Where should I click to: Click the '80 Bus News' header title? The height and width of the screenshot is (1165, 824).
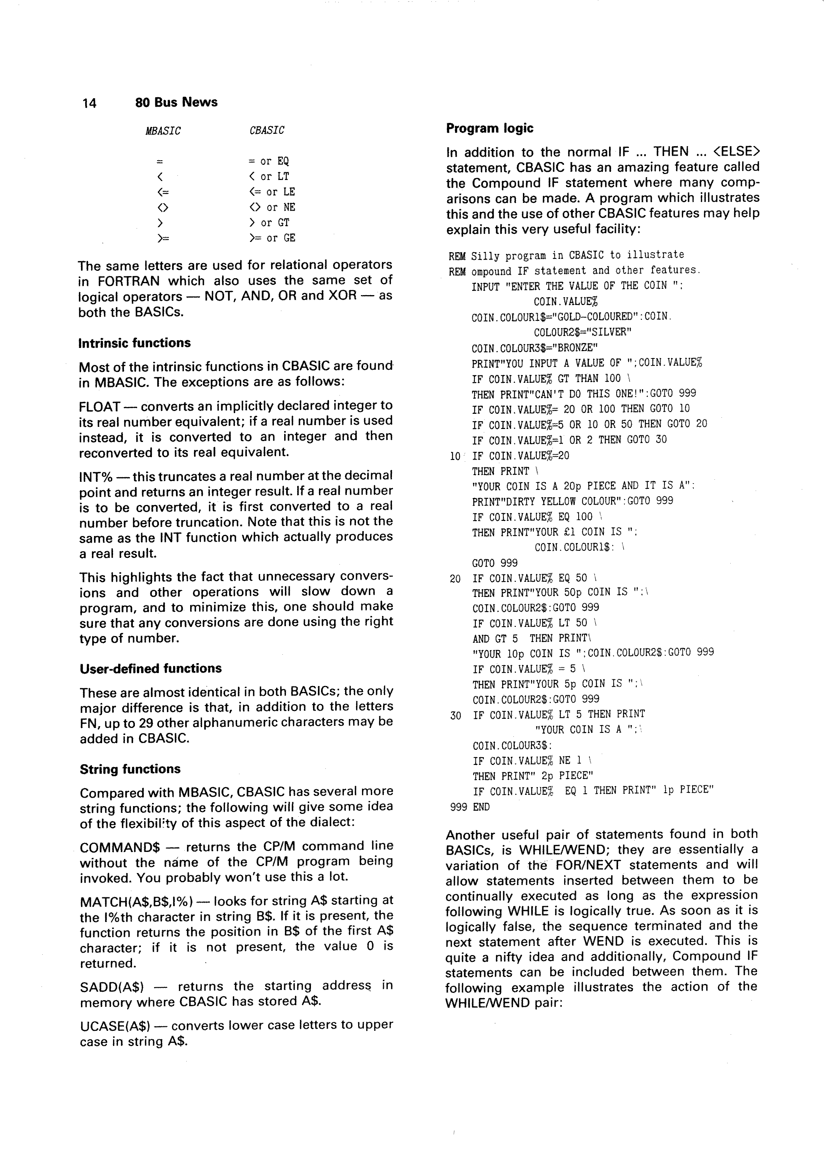[176, 102]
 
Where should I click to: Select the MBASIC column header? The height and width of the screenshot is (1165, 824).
[163, 131]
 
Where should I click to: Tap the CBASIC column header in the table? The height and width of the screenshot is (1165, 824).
[267, 130]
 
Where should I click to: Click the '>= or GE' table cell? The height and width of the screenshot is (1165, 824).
[272, 238]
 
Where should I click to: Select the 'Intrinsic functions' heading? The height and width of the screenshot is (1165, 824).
[135, 343]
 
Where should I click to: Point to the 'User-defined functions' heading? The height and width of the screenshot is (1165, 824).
[150, 668]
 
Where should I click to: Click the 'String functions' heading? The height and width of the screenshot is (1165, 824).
[130, 769]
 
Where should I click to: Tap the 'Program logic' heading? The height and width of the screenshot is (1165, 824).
[489, 129]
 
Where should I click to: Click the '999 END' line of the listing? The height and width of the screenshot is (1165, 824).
[470, 807]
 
